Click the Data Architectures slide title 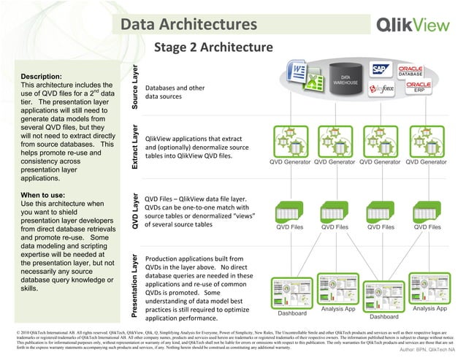point(188,25)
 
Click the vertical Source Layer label point(135,86)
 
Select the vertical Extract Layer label point(135,147)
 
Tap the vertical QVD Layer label point(135,212)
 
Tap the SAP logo point(381,70)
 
